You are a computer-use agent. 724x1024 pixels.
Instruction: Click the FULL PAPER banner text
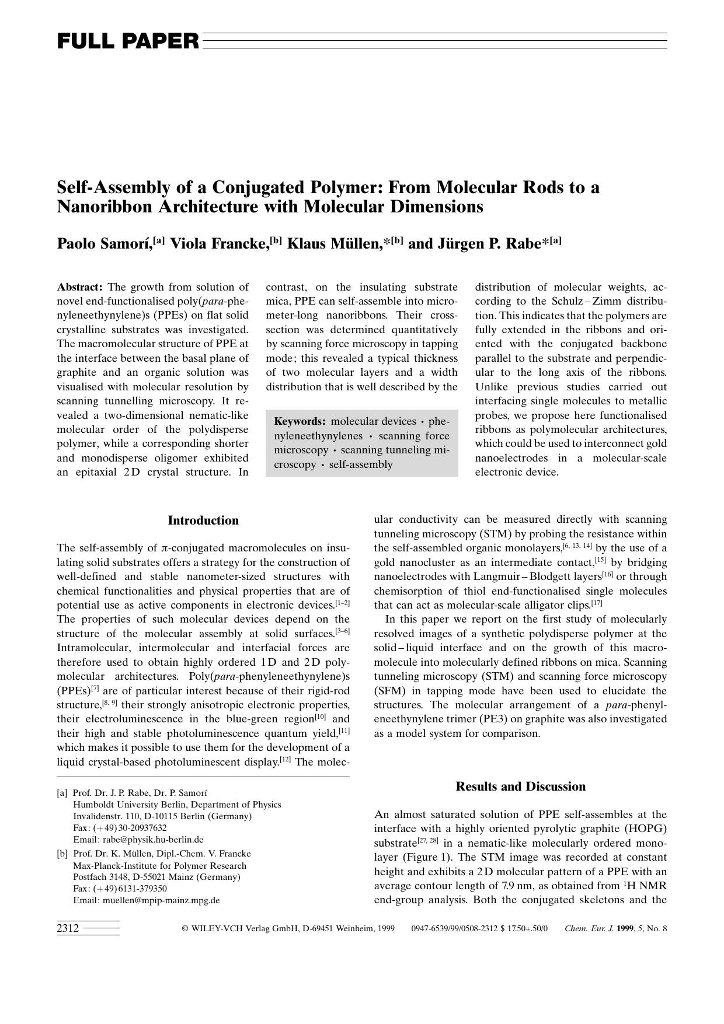[128, 41]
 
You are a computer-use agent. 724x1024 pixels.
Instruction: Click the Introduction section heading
[203, 520]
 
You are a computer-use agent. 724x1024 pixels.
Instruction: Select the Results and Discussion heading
[520, 787]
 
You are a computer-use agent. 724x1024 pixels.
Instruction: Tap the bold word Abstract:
[80, 287]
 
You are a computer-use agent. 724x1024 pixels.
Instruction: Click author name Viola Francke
[219, 243]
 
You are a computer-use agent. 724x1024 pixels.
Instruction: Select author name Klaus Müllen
[335, 243]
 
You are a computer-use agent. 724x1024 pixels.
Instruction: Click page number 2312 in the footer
[68, 928]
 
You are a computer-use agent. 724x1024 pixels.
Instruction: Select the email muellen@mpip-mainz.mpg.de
[161, 900]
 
